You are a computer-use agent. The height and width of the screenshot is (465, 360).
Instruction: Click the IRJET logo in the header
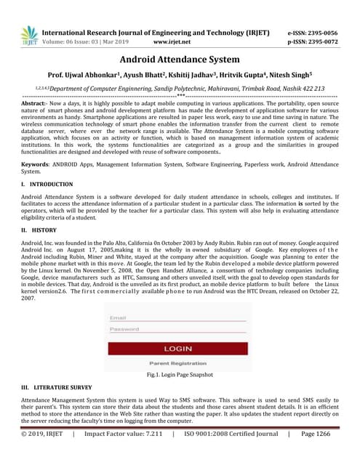pyautogui.click(x=29, y=36)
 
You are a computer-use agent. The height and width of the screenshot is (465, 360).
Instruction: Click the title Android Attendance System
pyautogui.click(x=180, y=60)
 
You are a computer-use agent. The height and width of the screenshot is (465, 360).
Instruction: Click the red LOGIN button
pyautogui.click(x=178, y=349)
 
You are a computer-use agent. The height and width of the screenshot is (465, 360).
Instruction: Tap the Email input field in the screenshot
pyautogui.click(x=178, y=318)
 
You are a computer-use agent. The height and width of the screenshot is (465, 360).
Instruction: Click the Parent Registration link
pyautogui.click(x=178, y=363)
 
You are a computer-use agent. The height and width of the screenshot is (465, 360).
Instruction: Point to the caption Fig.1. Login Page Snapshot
pyautogui.click(x=180, y=375)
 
